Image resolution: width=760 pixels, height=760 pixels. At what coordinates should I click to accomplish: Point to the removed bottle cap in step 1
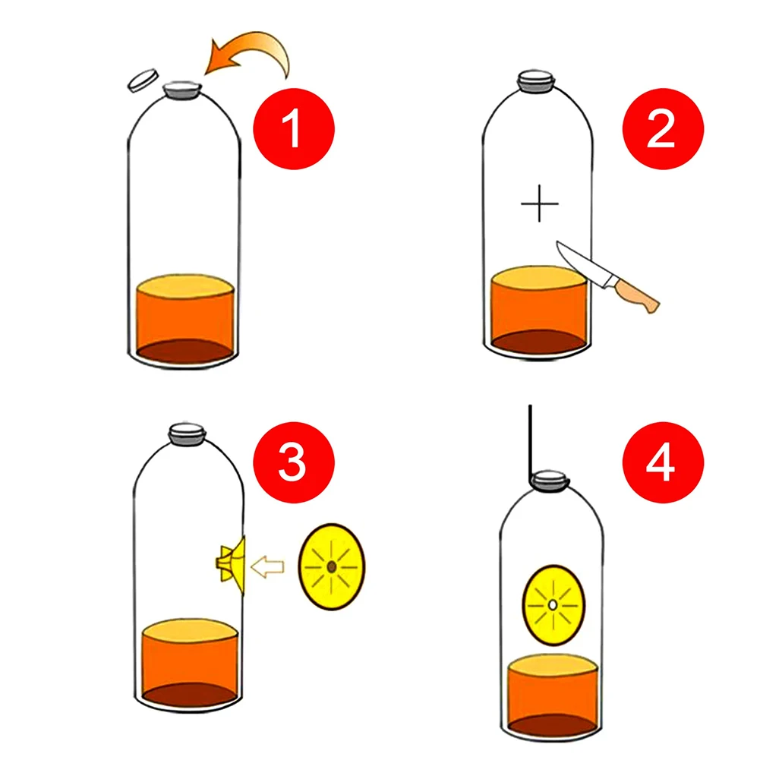click(x=141, y=80)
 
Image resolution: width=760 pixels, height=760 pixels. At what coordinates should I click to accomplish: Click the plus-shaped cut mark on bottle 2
click(x=540, y=203)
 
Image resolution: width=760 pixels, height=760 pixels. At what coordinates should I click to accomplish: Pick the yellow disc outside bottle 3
click(x=332, y=567)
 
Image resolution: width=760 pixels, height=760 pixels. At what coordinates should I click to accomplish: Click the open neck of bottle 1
click(x=183, y=88)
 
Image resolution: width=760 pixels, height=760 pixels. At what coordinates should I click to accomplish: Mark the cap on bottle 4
click(x=550, y=481)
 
